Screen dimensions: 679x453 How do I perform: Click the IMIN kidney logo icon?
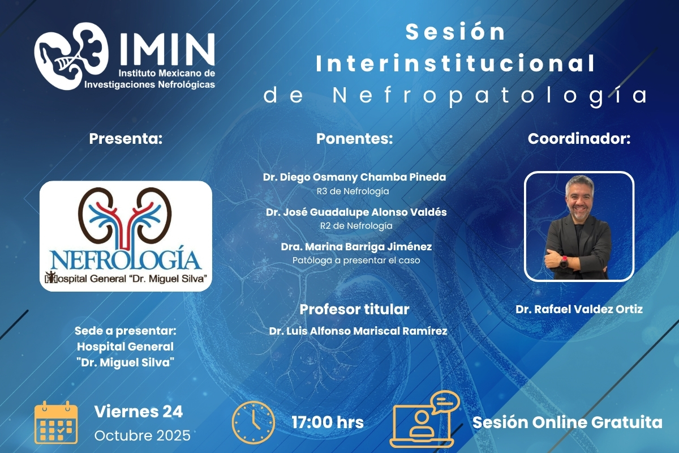point(71,56)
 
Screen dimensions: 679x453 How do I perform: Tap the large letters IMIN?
point(167,49)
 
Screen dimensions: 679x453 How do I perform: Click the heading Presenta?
point(126,139)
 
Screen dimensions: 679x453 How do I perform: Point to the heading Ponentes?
point(354,139)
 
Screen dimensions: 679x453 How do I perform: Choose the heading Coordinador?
point(579,139)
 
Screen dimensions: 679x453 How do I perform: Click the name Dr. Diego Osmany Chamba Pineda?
point(354,177)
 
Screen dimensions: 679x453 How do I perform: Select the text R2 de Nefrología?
point(356,226)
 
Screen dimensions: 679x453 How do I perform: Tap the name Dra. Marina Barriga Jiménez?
point(356,247)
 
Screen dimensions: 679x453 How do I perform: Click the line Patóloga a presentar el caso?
point(356,260)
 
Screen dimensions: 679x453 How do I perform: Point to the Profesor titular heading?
point(354,310)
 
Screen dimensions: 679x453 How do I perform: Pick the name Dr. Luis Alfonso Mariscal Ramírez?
point(358,331)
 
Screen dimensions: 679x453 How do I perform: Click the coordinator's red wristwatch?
point(564,262)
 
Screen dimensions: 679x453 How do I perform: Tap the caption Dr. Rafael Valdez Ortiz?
point(579,309)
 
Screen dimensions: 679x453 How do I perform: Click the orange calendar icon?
point(56,422)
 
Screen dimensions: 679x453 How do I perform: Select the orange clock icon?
point(253,422)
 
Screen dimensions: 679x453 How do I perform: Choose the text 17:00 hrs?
point(328,422)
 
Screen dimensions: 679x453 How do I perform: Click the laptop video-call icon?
point(424,420)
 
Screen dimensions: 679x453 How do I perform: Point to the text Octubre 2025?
point(143,435)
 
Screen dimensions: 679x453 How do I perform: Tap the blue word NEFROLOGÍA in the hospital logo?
point(126,259)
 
